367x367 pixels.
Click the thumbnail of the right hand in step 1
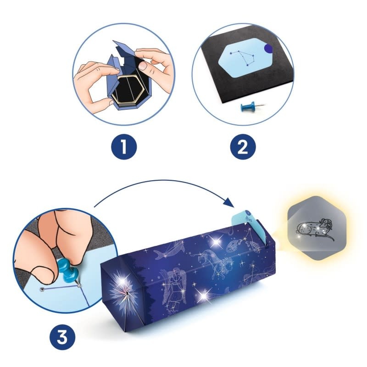[x=144, y=66]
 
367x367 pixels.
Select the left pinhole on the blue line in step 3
[x=42, y=289]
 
